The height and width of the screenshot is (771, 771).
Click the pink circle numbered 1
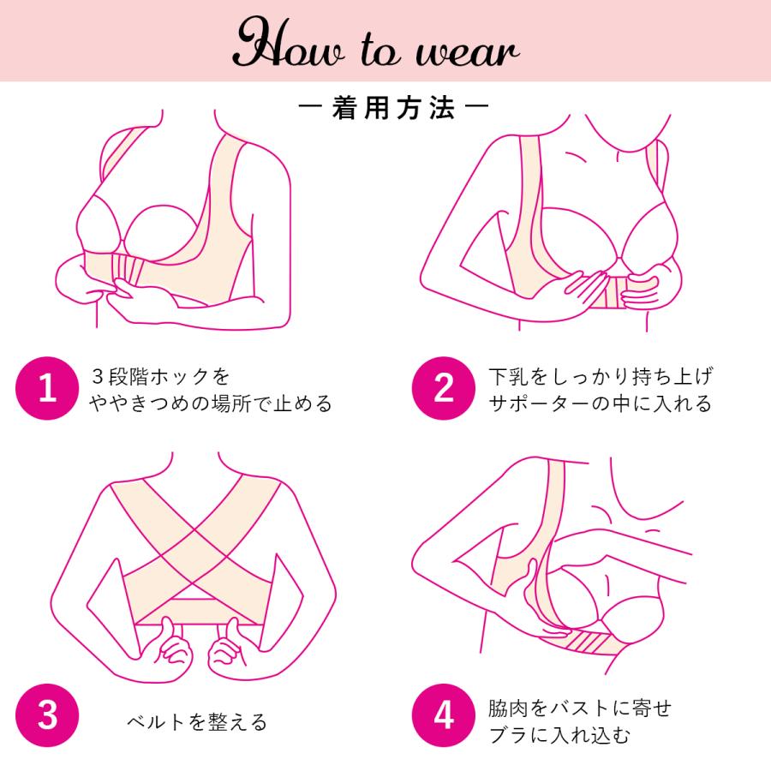(x=47, y=388)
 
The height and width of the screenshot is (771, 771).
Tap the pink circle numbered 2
(x=444, y=388)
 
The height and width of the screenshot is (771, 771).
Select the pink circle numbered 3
(x=47, y=715)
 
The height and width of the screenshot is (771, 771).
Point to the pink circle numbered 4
(x=444, y=715)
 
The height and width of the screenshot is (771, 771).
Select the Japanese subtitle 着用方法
(x=393, y=108)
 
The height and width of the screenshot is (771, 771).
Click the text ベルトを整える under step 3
(x=197, y=722)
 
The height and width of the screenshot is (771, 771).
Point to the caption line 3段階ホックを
(x=160, y=377)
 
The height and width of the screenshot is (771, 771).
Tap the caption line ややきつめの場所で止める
(x=211, y=403)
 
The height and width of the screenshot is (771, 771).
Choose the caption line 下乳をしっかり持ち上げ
(x=601, y=377)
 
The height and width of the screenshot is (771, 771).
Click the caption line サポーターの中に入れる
(x=601, y=403)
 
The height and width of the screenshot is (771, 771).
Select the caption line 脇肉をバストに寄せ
(x=579, y=708)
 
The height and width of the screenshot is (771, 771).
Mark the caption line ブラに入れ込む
(x=559, y=736)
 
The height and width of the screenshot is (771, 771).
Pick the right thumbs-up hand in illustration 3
(x=226, y=650)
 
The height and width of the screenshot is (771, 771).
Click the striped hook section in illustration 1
(x=128, y=268)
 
